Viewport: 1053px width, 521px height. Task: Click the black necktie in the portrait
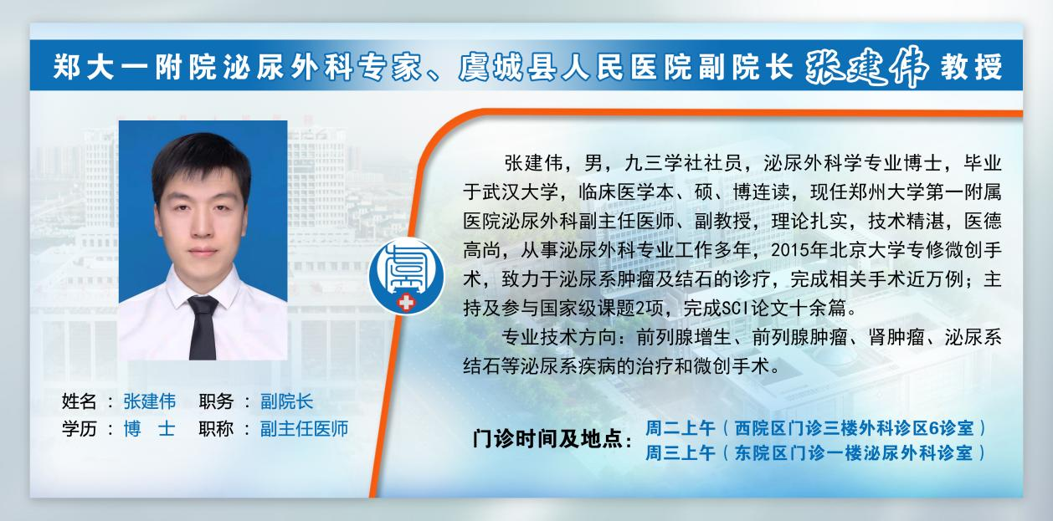click(203, 328)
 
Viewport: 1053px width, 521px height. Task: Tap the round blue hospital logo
click(406, 276)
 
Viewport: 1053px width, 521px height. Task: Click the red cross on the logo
click(406, 303)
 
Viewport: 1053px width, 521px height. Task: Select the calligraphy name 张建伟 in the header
click(866, 67)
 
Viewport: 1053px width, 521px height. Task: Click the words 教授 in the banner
click(972, 67)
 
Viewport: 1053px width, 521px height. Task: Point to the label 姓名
click(79, 401)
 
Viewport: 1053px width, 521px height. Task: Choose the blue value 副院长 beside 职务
click(287, 401)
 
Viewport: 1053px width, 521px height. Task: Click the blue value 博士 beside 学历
click(150, 428)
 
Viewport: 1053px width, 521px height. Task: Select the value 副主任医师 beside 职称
click(304, 428)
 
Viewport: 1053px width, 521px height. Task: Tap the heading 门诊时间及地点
click(547, 439)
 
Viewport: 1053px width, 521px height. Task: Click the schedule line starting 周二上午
click(816, 428)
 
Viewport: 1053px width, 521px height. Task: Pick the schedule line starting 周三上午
click(816, 453)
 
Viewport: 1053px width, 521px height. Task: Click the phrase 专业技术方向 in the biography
click(558, 337)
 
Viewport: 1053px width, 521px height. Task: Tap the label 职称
click(216, 428)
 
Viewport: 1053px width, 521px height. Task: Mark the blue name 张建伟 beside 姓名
click(150, 401)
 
